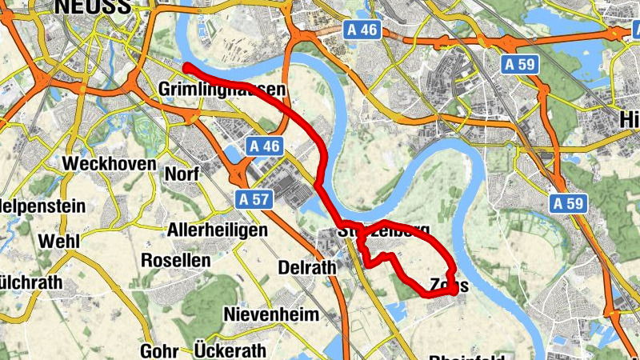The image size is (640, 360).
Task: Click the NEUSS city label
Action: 92,7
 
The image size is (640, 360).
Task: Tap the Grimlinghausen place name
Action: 222,89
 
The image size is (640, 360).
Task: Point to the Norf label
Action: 182,174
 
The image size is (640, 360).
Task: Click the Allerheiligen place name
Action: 217,230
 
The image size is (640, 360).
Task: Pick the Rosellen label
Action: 175,260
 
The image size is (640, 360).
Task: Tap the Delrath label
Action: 306,267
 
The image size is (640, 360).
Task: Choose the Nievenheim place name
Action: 272,314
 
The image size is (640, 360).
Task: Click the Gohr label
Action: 158,350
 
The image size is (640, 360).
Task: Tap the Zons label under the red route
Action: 448,286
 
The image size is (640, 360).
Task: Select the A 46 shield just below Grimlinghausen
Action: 265,146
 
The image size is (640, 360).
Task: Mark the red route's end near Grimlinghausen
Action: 186,66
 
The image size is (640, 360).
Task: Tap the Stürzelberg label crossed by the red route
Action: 383,231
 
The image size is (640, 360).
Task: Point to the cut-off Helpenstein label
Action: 42,206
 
